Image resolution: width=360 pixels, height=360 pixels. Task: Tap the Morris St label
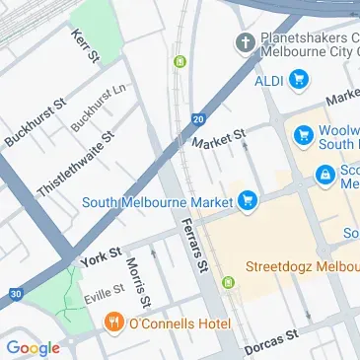138,281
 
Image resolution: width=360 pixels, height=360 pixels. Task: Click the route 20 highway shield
198,118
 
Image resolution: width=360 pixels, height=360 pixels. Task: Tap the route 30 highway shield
13,293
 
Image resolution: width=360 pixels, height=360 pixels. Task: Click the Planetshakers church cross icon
245,42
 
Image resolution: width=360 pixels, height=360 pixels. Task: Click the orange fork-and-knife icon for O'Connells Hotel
114,322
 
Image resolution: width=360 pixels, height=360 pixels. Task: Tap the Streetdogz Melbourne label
301,266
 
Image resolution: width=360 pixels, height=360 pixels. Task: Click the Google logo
33,347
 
